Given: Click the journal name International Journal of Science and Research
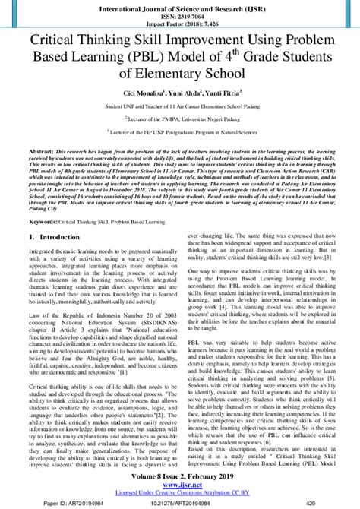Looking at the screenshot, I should point(180,6).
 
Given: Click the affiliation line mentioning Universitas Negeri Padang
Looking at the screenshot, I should point(179,122).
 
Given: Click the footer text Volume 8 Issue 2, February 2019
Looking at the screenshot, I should point(180,475).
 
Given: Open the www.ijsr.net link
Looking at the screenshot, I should point(180,484).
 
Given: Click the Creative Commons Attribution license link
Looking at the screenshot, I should point(180,492).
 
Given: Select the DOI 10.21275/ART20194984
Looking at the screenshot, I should point(180,502).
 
